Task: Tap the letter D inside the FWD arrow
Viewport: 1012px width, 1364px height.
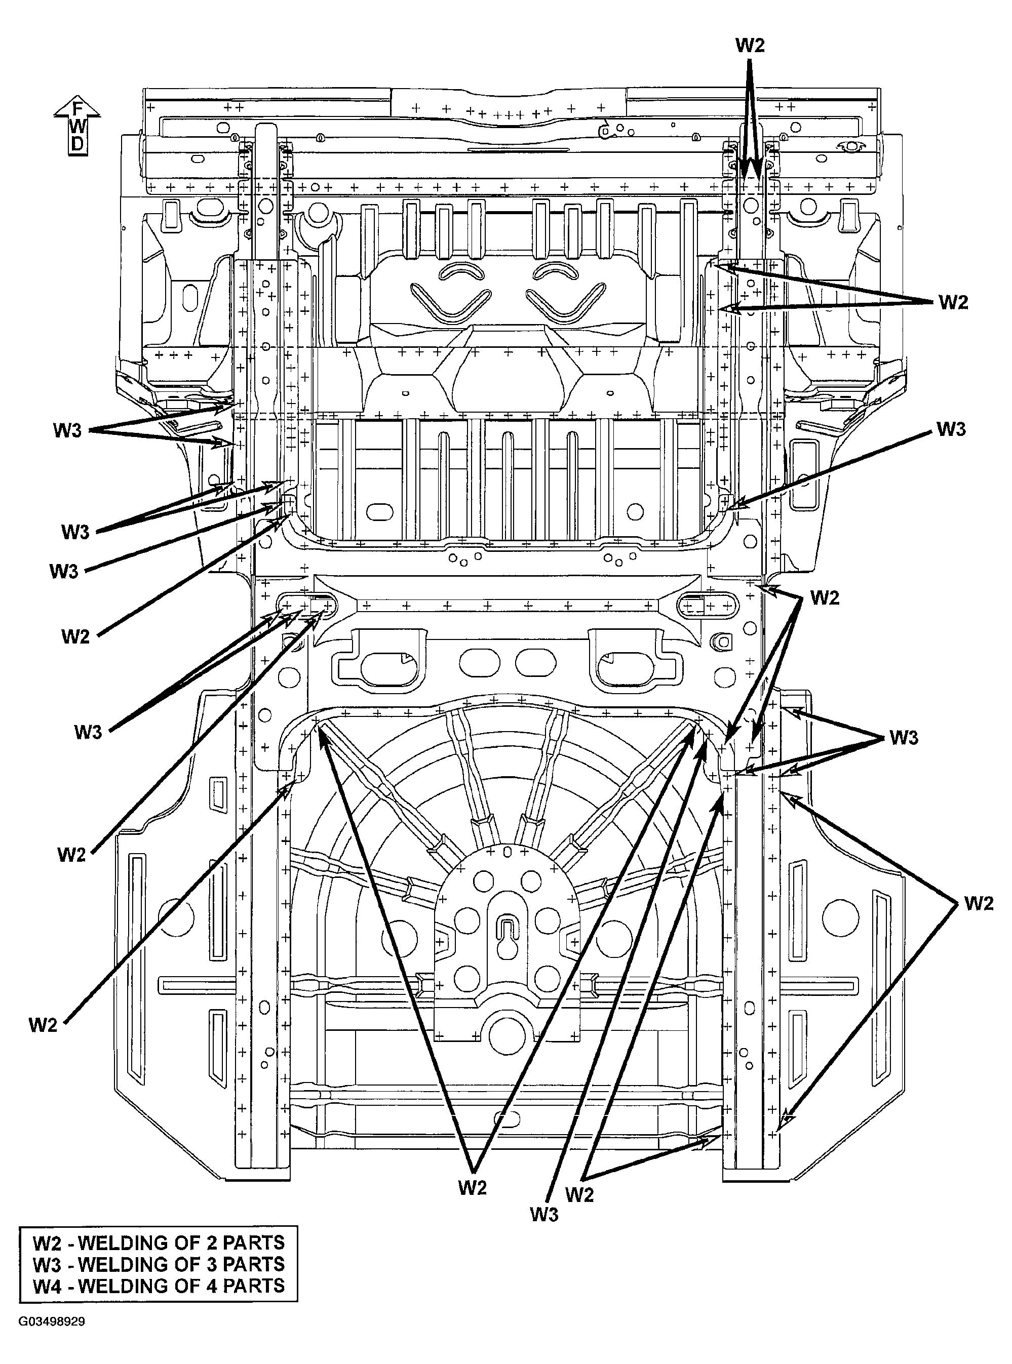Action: [77, 144]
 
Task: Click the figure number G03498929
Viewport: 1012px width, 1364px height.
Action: [52, 1338]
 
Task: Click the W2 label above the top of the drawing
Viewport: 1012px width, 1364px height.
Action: [750, 45]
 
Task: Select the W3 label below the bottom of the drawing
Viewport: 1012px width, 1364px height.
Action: [544, 1215]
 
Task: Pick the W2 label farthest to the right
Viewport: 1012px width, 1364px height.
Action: [978, 903]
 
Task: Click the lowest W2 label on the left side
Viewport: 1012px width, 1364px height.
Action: [43, 1025]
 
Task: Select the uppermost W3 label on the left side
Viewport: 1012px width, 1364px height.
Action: [67, 430]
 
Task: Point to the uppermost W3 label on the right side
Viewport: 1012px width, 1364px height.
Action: [951, 429]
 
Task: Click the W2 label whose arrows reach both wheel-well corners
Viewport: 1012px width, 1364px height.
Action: [472, 1188]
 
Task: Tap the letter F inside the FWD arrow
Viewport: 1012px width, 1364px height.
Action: [77, 109]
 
